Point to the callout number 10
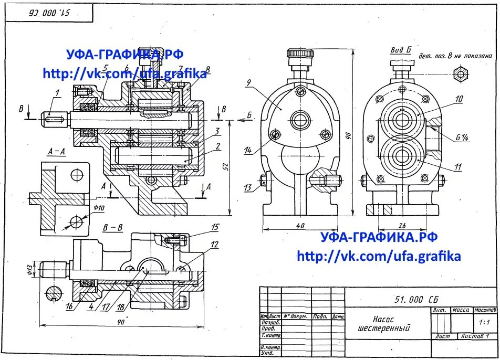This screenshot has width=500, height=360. point(459,98)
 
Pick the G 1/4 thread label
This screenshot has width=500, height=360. point(462,138)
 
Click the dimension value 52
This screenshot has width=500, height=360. point(225,166)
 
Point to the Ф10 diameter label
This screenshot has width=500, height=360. point(99,208)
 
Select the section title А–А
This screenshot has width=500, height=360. point(56,152)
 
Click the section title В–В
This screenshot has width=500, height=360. point(112,228)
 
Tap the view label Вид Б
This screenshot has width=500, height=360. point(400,50)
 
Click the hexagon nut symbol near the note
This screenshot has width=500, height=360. point(461,74)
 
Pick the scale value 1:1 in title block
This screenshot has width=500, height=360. point(484,322)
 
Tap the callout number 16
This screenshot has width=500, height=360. point(69,306)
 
